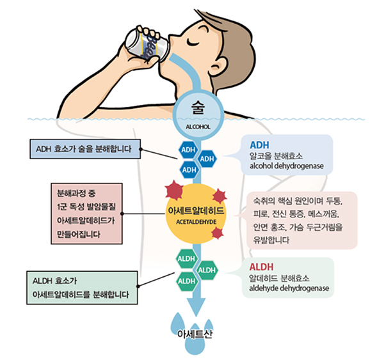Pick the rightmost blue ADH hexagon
pos(207,159)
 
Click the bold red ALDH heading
pos(263,267)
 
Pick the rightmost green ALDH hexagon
pos(207,270)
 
